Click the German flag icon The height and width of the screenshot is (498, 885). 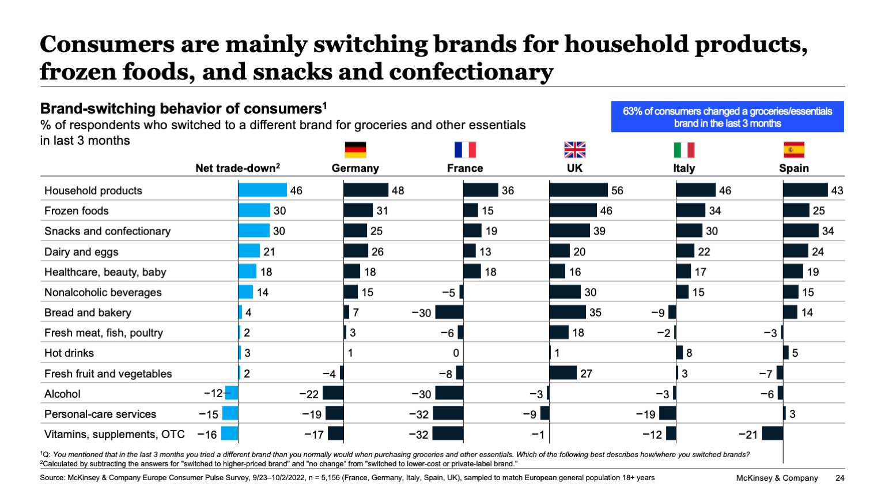point(355,150)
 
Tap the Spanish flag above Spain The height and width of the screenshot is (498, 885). point(793,150)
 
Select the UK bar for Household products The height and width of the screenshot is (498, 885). point(578,190)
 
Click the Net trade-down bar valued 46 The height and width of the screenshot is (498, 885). point(262,190)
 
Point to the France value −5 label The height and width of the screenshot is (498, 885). point(448,292)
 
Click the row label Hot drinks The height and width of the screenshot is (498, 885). point(69,353)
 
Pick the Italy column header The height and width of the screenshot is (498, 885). point(684,168)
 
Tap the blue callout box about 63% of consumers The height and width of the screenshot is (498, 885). point(727,117)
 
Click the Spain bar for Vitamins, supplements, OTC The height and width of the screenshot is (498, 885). point(772,433)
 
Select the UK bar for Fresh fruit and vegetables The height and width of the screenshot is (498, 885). point(562,373)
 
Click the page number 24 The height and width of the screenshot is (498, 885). point(839,478)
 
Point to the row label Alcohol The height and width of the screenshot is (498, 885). point(62,394)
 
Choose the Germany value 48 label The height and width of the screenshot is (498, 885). point(398,190)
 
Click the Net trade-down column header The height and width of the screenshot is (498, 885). point(237,168)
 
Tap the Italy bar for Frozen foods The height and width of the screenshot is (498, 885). point(690,210)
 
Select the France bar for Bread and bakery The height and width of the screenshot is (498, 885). point(449,312)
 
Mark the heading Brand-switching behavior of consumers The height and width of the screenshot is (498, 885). point(180,109)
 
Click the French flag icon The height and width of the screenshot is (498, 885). point(465,150)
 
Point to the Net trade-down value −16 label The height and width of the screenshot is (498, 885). point(207,435)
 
